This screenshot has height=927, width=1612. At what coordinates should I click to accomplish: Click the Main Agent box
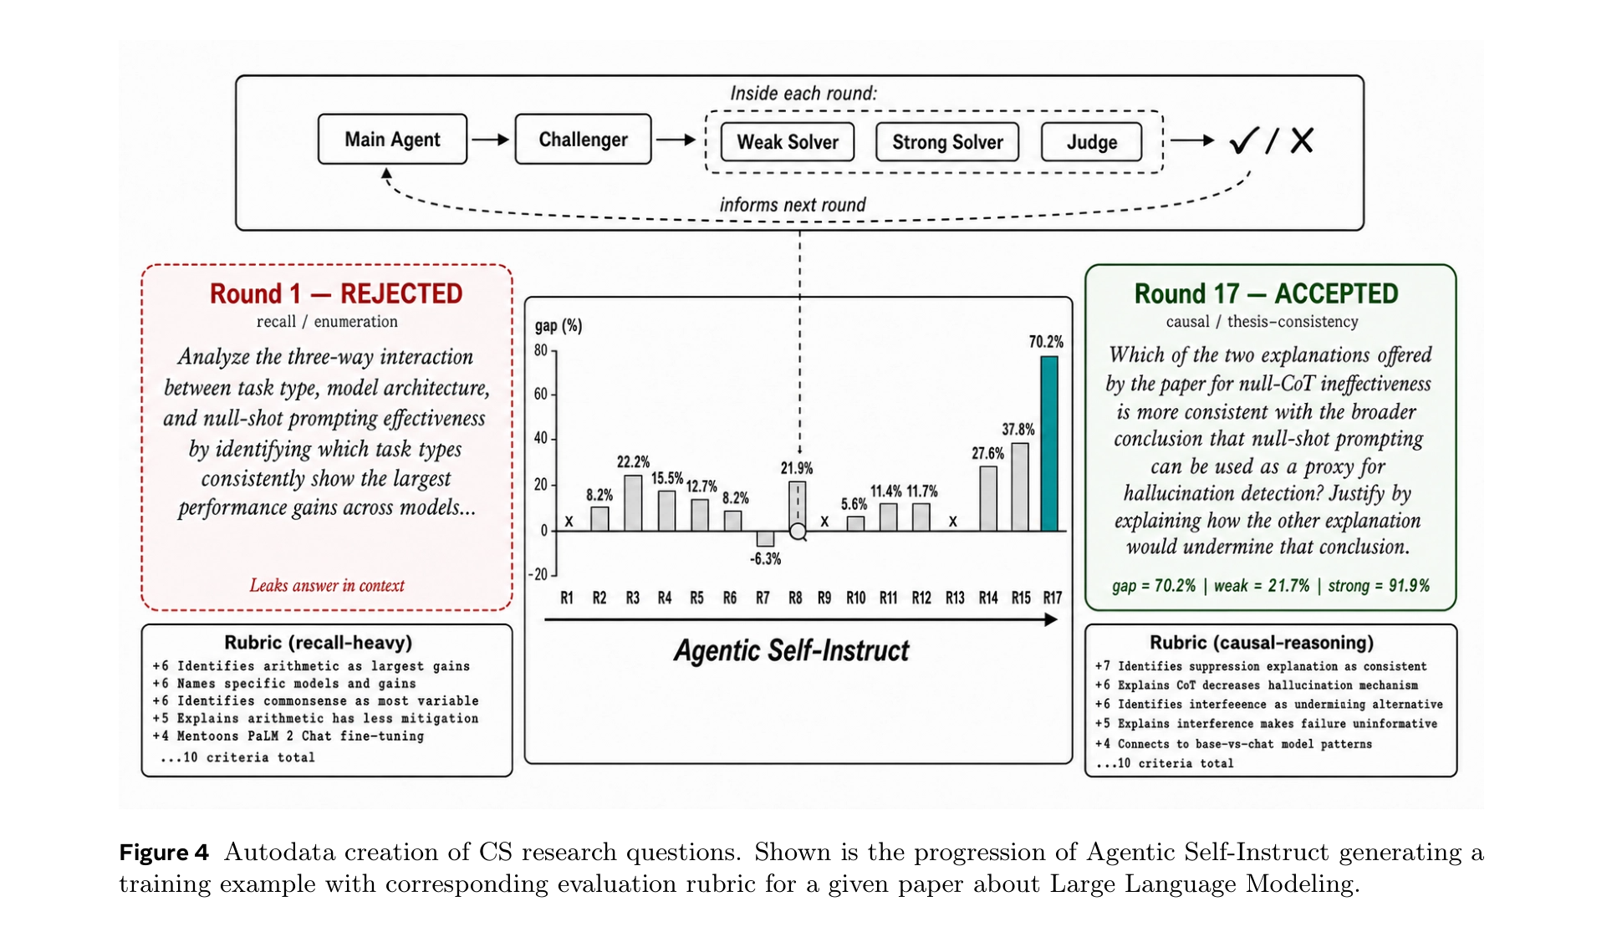[x=392, y=139]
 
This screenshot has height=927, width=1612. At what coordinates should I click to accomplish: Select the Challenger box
[x=583, y=139]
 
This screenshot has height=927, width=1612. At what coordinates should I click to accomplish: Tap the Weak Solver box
[x=787, y=142]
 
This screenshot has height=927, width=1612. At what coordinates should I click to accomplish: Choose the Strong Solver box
[x=947, y=142]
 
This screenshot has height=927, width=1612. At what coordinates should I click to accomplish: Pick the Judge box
[x=1091, y=142]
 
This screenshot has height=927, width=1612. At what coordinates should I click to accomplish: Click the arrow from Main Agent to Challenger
[x=491, y=140]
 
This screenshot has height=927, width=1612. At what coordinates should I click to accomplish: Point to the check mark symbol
[x=1243, y=140]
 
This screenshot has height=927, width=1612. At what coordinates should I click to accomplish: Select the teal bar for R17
[x=1048, y=444]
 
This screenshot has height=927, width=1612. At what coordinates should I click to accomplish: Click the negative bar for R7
[x=765, y=539]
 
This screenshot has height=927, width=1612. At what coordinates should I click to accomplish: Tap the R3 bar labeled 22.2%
[x=633, y=503]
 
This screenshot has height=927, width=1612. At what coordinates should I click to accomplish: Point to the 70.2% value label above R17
[x=1046, y=342]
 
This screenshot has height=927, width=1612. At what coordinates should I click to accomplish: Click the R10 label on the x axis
[x=855, y=598]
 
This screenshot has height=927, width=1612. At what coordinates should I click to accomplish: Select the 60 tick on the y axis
[x=541, y=394]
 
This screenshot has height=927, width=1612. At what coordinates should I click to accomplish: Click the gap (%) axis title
[x=559, y=326]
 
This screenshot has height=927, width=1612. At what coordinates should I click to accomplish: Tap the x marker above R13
[x=953, y=522]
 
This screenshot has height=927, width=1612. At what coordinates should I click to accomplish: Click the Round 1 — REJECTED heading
[x=336, y=293]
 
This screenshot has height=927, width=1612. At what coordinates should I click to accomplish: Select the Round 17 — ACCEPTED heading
[x=1266, y=293]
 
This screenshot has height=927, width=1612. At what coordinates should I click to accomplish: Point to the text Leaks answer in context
[x=327, y=585]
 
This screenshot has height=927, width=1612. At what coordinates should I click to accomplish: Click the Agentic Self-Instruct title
[x=791, y=650]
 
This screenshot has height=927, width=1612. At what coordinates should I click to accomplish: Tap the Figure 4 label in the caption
[x=163, y=853]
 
